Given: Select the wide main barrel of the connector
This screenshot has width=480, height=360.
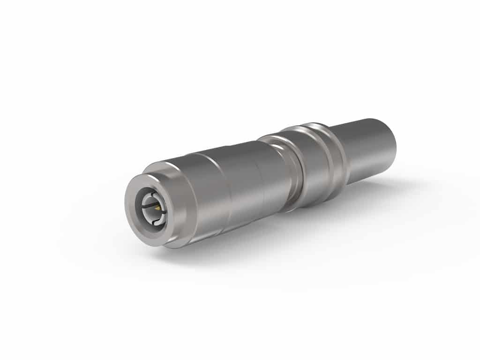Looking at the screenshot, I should [234, 187].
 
